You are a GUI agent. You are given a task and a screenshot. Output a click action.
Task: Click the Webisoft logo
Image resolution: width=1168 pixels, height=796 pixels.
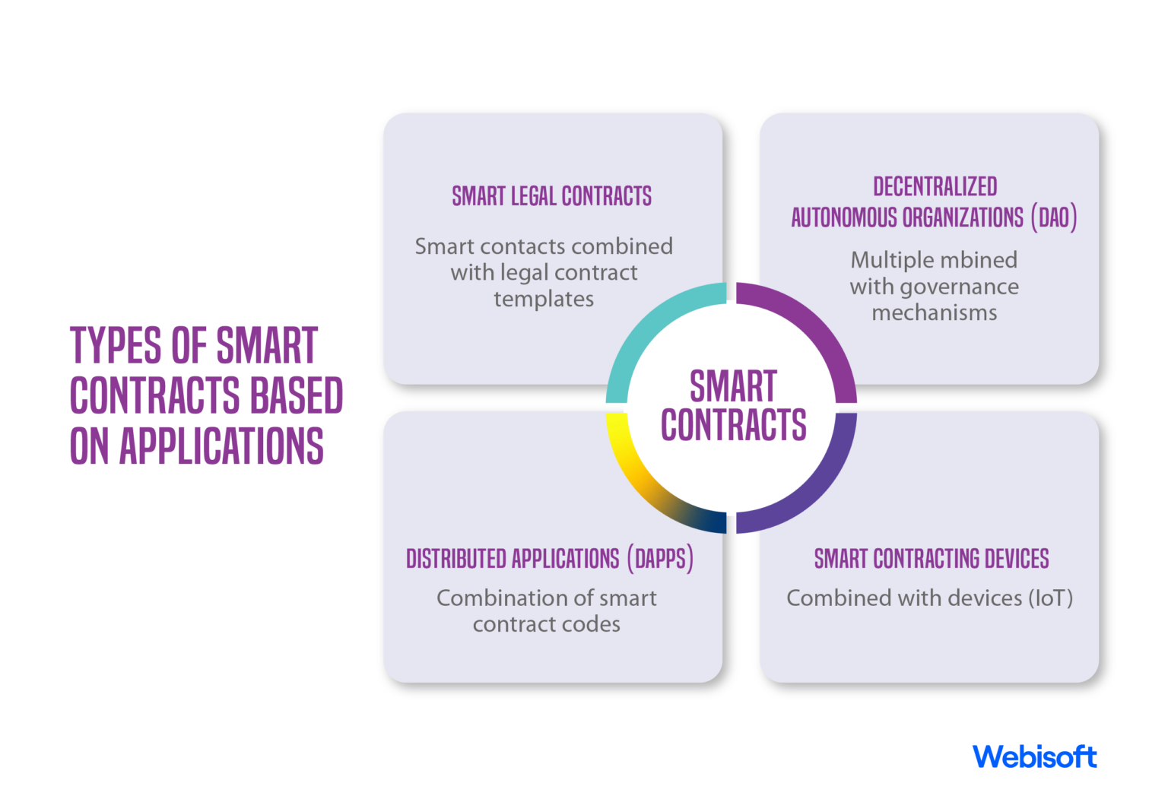click(x=1034, y=756)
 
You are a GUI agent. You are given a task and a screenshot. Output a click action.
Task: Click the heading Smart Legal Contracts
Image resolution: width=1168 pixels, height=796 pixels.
click(x=551, y=196)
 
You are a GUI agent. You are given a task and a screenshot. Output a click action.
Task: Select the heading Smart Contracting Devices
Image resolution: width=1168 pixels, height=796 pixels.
click(x=931, y=559)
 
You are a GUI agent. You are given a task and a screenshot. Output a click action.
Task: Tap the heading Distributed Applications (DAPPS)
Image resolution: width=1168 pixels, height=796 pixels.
click(x=549, y=559)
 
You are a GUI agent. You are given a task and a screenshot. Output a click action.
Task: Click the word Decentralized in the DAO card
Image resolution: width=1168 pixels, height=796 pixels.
click(x=935, y=187)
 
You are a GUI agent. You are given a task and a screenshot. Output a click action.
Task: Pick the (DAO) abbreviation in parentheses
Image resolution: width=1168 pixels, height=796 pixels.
click(x=1054, y=218)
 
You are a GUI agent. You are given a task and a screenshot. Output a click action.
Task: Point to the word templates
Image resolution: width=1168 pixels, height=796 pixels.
click(x=544, y=299)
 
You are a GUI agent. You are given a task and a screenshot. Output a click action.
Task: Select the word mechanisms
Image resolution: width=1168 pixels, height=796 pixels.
click(x=934, y=312)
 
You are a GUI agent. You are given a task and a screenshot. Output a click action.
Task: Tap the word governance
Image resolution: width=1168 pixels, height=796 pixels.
click(x=960, y=287)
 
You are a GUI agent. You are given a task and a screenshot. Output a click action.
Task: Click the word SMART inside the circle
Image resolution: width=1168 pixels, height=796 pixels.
click(x=733, y=386)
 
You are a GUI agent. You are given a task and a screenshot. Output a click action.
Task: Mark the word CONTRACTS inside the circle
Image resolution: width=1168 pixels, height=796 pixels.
click(x=733, y=425)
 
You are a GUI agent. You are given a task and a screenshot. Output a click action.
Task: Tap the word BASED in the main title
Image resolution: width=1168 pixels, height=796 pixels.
click(x=297, y=395)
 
